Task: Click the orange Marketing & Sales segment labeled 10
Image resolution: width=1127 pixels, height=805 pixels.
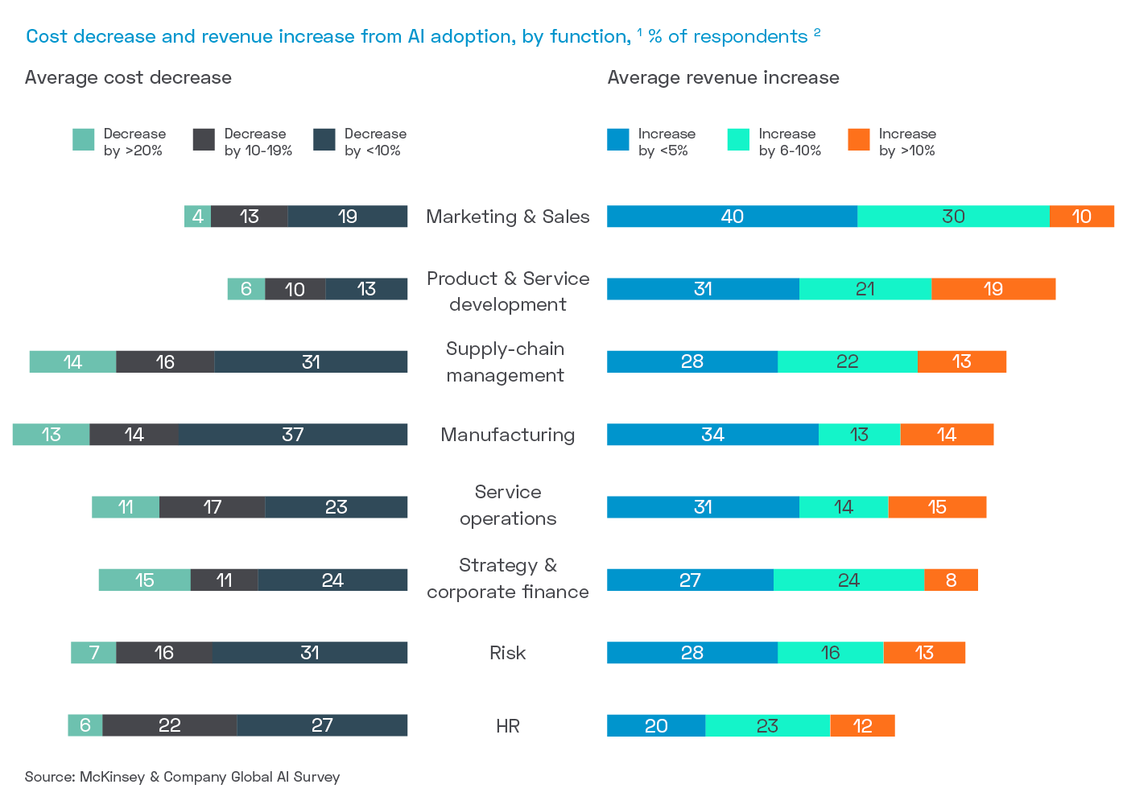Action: pyautogui.click(x=1081, y=217)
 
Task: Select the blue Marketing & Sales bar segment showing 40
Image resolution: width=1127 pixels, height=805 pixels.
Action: pyautogui.click(x=732, y=217)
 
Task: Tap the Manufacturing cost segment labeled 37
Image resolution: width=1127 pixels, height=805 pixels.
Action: pyautogui.click(x=293, y=435)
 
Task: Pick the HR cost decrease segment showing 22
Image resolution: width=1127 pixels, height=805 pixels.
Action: pyautogui.click(x=170, y=725)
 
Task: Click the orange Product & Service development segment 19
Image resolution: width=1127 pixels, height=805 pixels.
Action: pyautogui.click(x=993, y=289)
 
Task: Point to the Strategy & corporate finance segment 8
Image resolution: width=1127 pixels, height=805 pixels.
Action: pyautogui.click(x=951, y=580)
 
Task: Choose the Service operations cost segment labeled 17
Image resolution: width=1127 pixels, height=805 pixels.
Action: pyautogui.click(x=213, y=507)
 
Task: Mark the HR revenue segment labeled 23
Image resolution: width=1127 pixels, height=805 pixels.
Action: pyautogui.click(x=767, y=725)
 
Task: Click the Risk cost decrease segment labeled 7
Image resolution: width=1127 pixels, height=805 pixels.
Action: pyautogui.click(x=93, y=653)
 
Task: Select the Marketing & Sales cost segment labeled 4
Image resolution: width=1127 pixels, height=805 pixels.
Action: pyautogui.click(x=197, y=217)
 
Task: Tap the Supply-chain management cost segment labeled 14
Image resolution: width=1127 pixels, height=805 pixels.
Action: pyautogui.click(x=72, y=361)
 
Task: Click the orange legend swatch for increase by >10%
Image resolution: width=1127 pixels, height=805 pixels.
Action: pyautogui.click(x=859, y=139)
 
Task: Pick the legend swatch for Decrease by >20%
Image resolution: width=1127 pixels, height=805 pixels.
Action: pyautogui.click(x=84, y=139)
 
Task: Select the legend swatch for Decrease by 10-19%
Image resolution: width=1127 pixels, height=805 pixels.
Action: pyautogui.click(x=204, y=139)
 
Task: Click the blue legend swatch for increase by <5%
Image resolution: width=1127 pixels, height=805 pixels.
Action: pyautogui.click(x=618, y=139)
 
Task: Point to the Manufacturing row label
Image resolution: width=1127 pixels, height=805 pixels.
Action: pyautogui.click(x=508, y=435)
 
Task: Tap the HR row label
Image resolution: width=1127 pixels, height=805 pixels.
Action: pyautogui.click(x=508, y=725)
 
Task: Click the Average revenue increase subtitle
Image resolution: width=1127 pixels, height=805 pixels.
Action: pyautogui.click(x=723, y=77)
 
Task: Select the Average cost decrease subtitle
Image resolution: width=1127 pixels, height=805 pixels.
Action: pyautogui.click(x=128, y=77)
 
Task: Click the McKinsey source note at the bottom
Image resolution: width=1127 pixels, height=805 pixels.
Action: pyautogui.click(x=183, y=777)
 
